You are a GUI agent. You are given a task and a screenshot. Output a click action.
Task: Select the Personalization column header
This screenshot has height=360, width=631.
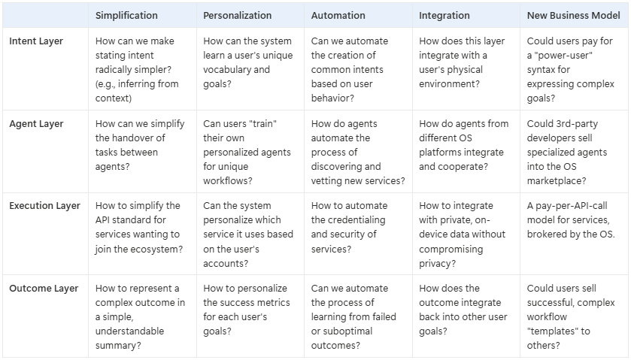(236, 15)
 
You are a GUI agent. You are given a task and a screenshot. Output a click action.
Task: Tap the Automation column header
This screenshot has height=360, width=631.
(338, 15)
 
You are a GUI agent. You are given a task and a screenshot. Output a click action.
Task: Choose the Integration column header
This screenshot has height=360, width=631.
(444, 15)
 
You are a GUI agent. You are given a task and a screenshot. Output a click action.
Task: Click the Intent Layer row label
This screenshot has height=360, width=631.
(36, 41)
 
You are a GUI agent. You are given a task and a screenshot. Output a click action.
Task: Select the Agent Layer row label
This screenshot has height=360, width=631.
(36, 124)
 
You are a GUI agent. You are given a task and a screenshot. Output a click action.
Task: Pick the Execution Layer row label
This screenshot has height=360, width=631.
(44, 206)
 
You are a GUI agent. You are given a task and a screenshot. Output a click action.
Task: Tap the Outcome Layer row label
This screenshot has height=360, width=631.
(42, 289)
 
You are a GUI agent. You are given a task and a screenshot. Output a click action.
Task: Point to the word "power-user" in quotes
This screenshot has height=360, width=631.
(563, 56)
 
